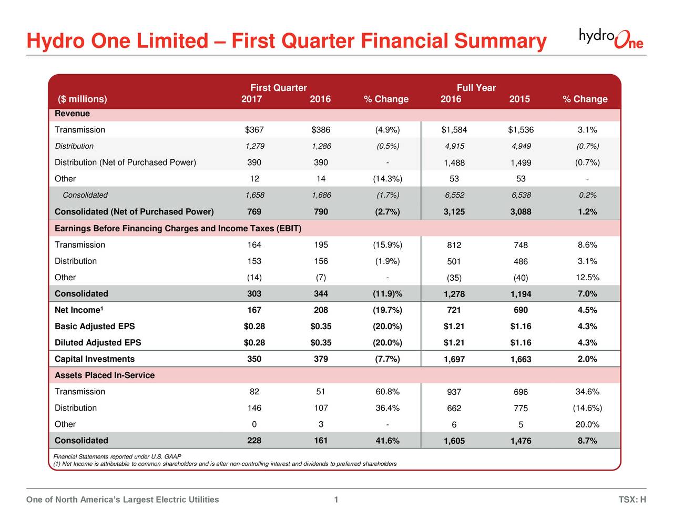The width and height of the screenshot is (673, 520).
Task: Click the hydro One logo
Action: pos(610,38)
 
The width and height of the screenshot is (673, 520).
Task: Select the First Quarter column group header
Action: pos(278,88)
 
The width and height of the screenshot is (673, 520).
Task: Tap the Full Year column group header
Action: pos(476,88)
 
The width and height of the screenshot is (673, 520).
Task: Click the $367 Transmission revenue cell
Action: pos(254,130)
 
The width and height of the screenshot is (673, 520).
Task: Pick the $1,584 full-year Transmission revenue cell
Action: pos(454,130)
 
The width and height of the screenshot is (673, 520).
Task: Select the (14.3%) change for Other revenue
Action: pos(387,179)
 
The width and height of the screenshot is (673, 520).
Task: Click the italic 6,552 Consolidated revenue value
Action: pos(454,195)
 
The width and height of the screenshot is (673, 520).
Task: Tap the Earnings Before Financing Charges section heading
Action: pos(178,228)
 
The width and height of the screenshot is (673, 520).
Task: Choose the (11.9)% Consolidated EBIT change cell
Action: pos(387,294)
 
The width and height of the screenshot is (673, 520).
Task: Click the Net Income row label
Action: pos(78,310)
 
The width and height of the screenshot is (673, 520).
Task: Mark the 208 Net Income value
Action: pos(320,310)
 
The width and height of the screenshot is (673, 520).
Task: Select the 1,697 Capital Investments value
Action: pos(454,360)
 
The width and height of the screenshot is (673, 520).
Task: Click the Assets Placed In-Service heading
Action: pos(105,375)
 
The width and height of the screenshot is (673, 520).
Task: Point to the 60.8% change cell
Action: pos(387,392)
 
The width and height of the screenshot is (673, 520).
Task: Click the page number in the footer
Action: pos(336,499)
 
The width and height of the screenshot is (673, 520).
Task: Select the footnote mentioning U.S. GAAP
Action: pos(118,456)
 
